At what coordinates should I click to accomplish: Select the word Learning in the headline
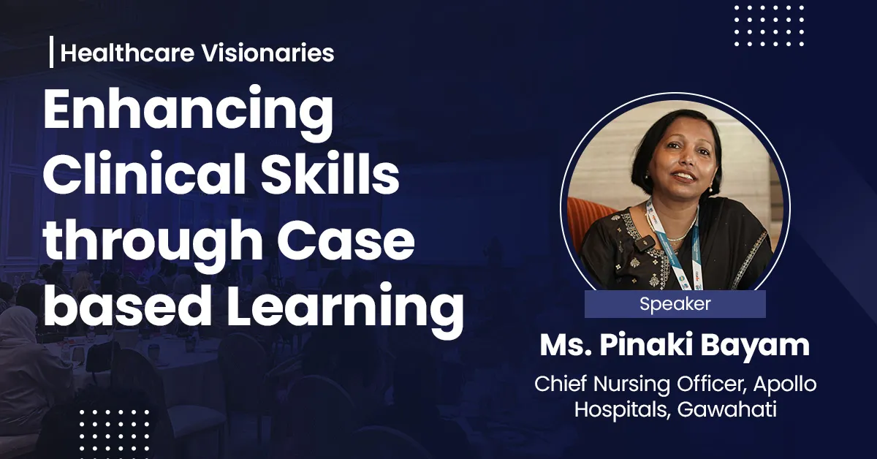(x=343, y=307)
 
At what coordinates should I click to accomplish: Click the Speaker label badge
(x=675, y=304)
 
